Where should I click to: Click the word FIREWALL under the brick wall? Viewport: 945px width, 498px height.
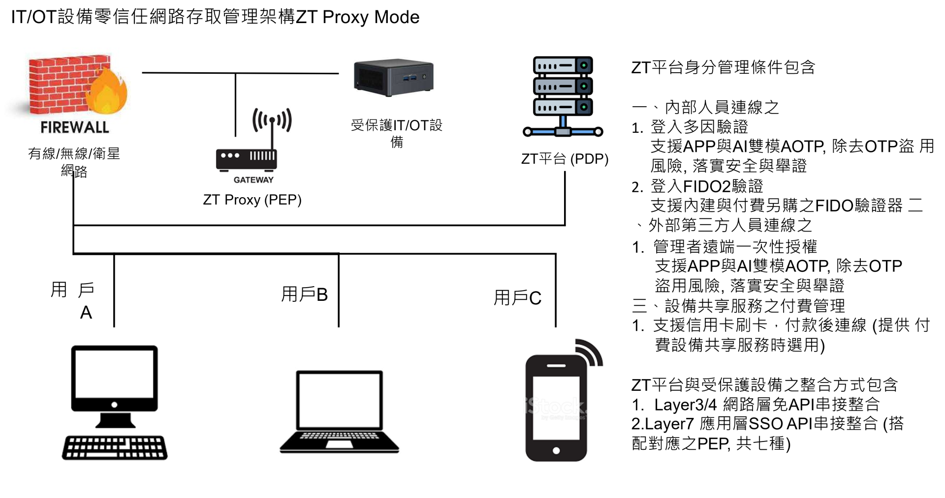[75, 127]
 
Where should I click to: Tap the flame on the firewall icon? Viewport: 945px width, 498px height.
[106, 92]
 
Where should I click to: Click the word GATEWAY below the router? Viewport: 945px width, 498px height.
[253, 180]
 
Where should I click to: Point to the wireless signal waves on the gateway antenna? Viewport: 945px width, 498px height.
[272, 119]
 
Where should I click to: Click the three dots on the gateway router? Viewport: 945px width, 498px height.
[230, 155]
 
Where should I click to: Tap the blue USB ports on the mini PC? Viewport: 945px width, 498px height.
[409, 77]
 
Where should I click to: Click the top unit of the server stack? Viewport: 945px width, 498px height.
[563, 65]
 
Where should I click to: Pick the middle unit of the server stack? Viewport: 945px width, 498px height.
[563, 86]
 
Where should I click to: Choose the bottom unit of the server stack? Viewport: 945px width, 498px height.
[563, 107]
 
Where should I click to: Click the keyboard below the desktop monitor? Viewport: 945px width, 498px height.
[115, 447]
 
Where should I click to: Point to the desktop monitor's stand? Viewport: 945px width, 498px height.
[115, 420]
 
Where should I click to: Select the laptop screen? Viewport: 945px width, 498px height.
[339, 400]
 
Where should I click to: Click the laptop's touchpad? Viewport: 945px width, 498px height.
[339, 444]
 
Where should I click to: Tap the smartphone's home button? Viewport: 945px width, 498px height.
[556, 450]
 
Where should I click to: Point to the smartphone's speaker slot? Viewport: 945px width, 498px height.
[556, 365]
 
